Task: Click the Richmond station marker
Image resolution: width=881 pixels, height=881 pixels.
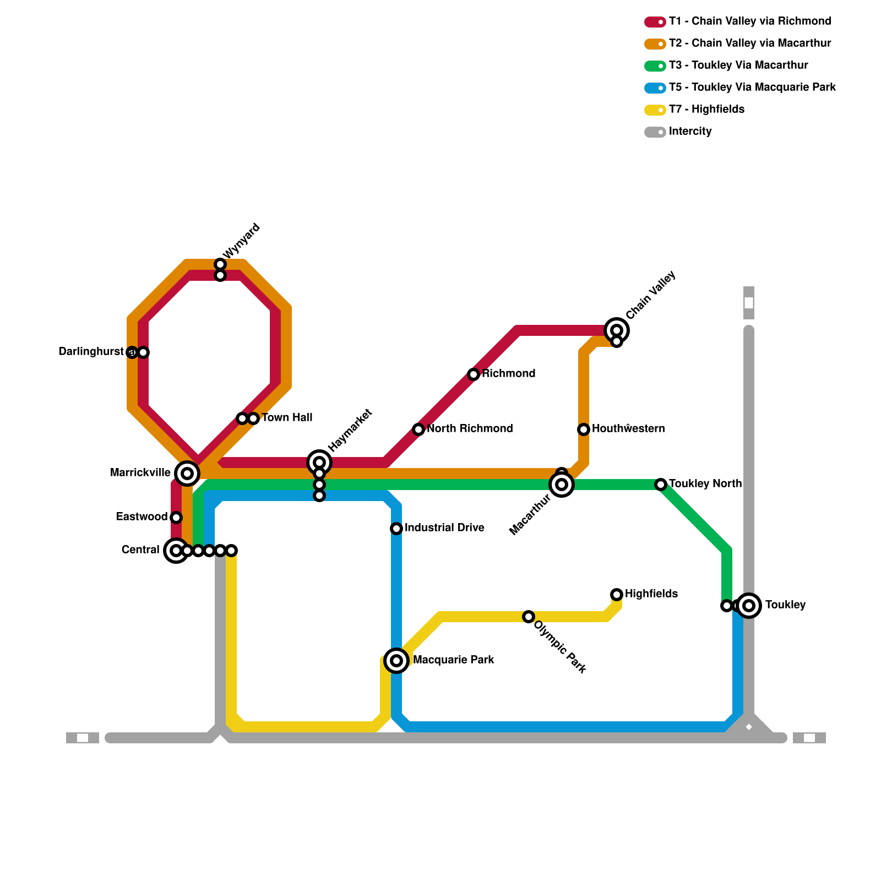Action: click(x=474, y=374)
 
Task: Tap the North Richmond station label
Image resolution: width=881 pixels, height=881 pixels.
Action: click(x=470, y=428)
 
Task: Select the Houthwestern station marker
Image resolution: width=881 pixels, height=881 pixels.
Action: click(x=584, y=429)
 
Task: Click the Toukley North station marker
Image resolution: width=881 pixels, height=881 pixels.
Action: click(x=661, y=485)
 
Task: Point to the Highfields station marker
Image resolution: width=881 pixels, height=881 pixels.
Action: click(x=617, y=594)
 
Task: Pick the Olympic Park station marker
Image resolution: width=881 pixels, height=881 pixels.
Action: click(x=529, y=617)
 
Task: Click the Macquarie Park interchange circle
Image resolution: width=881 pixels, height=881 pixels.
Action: click(x=396, y=660)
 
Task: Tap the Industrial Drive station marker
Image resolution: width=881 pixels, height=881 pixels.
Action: click(x=396, y=529)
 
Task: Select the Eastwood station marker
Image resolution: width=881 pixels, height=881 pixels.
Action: click(x=176, y=518)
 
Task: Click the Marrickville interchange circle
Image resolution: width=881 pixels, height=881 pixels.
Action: click(x=187, y=473)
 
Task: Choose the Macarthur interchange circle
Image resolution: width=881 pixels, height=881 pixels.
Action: click(x=562, y=485)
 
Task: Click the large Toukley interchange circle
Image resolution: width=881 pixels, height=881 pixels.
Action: click(x=749, y=606)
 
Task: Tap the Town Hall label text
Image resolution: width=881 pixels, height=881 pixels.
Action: click(x=287, y=417)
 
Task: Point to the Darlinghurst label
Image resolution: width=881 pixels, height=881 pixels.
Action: click(x=91, y=351)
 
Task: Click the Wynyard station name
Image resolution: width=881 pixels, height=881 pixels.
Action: click(x=242, y=241)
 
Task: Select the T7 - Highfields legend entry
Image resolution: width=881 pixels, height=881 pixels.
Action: click(x=706, y=110)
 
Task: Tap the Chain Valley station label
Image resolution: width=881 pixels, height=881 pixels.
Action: click(x=651, y=295)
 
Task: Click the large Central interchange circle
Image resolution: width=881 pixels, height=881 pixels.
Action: click(x=176, y=550)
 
